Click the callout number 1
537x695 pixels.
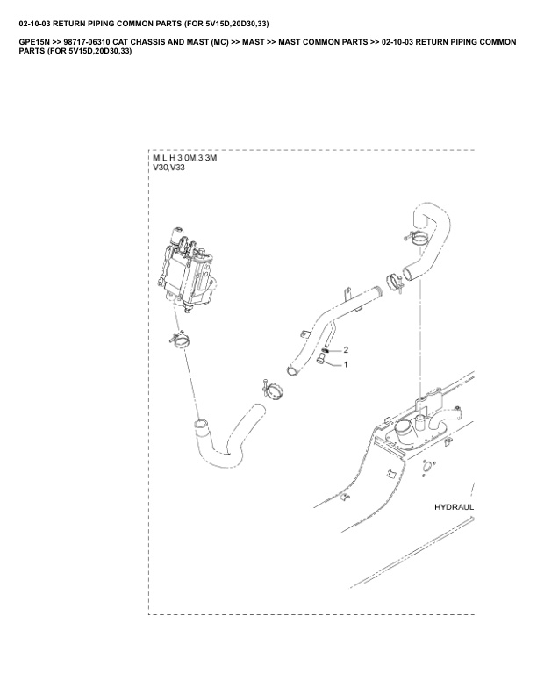click(346, 365)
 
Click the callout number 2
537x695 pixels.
click(346, 350)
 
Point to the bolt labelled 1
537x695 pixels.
click(321, 362)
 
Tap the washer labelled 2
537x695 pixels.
click(326, 351)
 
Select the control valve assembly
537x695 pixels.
click(186, 271)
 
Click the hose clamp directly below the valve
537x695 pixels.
click(180, 339)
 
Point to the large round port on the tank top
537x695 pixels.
click(405, 429)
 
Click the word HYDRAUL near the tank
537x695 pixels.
click(454, 507)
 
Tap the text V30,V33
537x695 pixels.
click(168, 168)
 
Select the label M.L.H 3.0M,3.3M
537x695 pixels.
click(185, 158)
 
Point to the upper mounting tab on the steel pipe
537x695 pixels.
click(347, 293)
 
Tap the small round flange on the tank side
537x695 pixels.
click(427, 467)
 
